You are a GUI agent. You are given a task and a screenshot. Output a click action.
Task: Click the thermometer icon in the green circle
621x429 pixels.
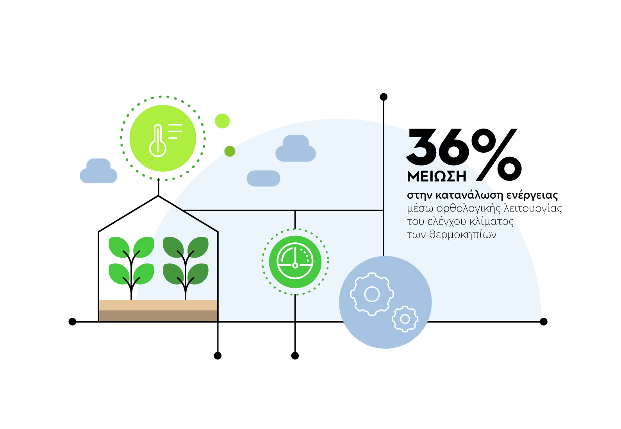click(158, 141)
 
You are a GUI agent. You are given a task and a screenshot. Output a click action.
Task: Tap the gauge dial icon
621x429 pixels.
click(295, 262)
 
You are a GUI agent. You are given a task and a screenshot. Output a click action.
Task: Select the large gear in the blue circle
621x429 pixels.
click(371, 294)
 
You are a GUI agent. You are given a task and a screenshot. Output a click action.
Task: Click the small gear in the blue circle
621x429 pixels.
click(405, 319)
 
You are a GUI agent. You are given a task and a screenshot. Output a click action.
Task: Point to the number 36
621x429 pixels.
click(437, 147)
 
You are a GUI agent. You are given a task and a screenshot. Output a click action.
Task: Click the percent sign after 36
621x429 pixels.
click(497, 155)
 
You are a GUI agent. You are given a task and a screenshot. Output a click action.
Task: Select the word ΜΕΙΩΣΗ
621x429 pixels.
click(437, 177)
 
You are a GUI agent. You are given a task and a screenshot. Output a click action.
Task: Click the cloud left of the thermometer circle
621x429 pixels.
click(98, 171)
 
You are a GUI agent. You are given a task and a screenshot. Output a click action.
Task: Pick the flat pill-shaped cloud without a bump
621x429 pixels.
click(263, 178)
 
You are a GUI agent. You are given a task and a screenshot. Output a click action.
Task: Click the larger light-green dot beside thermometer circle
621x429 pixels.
click(222, 121)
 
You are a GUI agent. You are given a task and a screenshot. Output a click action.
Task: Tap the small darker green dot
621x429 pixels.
click(230, 151)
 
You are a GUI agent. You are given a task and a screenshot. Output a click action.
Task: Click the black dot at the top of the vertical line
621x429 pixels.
click(384, 97)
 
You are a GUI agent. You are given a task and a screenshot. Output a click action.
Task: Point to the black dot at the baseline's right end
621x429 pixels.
click(543, 322)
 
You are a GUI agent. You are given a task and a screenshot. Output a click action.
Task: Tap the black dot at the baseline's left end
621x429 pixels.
click(72, 322)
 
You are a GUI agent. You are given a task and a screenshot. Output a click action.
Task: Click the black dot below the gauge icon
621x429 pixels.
click(295, 356)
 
